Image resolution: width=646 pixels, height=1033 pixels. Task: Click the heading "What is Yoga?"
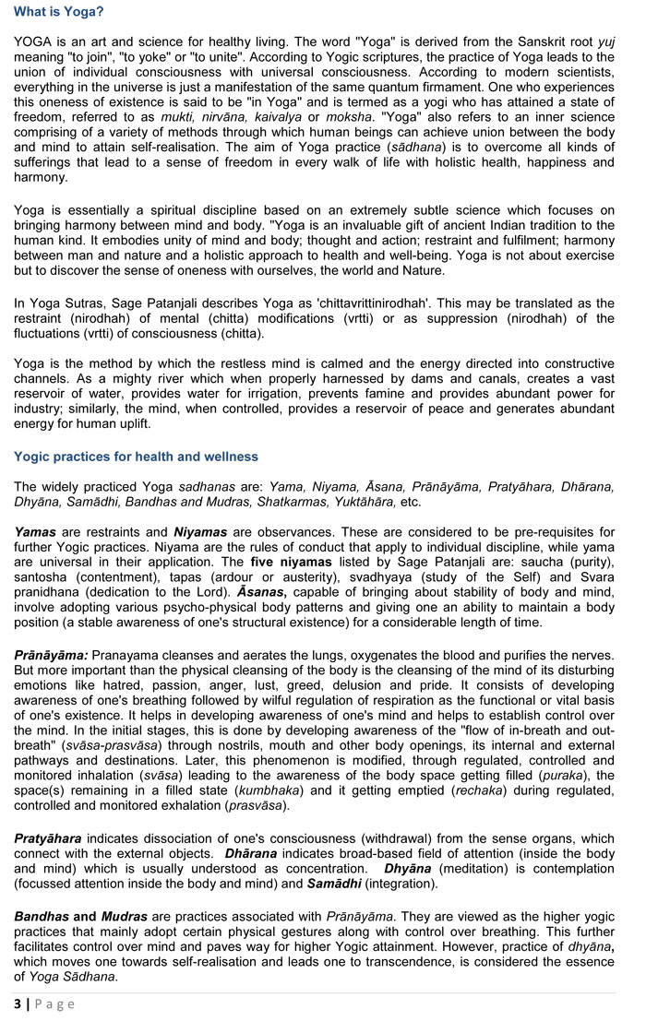58,12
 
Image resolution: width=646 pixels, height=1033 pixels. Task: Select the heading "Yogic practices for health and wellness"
136,457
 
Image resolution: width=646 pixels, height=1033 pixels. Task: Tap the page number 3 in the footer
17,1003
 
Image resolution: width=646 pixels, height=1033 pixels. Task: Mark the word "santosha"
43,576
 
